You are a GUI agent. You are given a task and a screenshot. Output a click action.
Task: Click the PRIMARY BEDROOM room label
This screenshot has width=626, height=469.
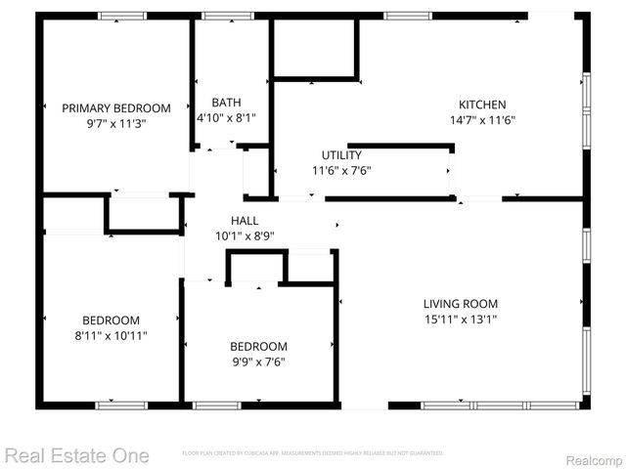(x=116, y=108)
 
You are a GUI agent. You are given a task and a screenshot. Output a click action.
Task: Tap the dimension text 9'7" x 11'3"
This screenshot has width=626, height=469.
(x=116, y=124)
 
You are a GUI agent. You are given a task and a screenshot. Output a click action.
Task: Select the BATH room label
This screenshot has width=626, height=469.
(x=226, y=103)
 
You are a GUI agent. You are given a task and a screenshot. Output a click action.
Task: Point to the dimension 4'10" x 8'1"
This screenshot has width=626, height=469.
(x=226, y=118)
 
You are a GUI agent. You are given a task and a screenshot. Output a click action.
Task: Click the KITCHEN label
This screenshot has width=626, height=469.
(x=482, y=105)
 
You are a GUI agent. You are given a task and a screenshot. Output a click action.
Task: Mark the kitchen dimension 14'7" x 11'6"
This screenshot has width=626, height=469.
(x=482, y=120)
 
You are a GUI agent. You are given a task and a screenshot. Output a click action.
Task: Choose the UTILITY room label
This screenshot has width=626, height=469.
(x=341, y=154)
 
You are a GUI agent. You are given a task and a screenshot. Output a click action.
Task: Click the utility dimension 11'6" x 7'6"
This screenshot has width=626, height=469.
(x=341, y=170)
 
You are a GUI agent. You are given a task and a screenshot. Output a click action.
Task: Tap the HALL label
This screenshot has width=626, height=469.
(x=245, y=220)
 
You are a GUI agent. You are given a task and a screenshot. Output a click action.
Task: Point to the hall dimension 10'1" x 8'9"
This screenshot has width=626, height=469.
(x=245, y=235)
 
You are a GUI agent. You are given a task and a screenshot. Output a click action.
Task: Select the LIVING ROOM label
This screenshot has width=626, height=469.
(x=461, y=303)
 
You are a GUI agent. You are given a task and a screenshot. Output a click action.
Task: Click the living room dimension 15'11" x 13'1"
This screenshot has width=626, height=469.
(x=461, y=319)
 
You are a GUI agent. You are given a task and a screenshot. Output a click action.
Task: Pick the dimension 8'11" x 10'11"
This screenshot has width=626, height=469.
(x=111, y=336)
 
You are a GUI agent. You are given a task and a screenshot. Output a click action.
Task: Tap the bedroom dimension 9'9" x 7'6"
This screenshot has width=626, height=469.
(x=258, y=362)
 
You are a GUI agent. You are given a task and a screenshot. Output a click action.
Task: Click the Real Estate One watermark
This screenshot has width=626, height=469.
(x=76, y=455)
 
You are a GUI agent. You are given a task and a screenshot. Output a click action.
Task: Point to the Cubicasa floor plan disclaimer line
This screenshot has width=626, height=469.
(x=313, y=453)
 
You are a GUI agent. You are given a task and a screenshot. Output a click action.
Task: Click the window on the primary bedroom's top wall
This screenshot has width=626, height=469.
(x=121, y=16)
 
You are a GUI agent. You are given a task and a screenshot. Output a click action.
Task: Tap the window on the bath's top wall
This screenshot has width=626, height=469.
(x=228, y=16)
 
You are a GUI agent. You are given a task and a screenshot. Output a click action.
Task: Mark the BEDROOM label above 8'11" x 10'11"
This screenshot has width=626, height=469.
(x=111, y=320)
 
